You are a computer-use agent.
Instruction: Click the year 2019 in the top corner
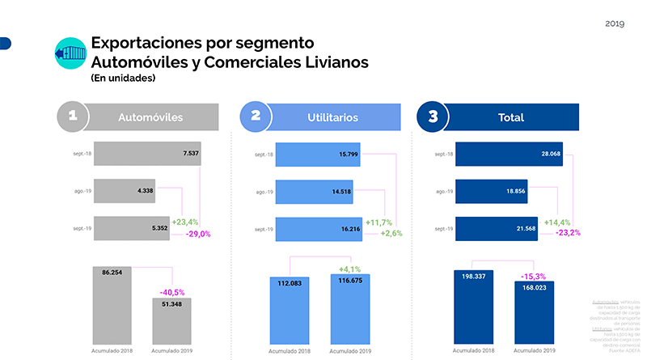pyautogui.click(x=615, y=23)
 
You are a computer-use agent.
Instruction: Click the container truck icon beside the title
pyautogui.click(x=67, y=53)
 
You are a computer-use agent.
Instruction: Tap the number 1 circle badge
pyautogui.click(x=72, y=116)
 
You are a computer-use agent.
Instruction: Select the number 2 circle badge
pyautogui.click(x=256, y=116)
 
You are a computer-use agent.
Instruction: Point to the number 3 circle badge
pyautogui.click(x=433, y=116)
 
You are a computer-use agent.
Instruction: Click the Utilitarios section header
pyautogui.click(x=332, y=117)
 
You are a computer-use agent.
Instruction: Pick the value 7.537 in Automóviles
pyautogui.click(x=191, y=153)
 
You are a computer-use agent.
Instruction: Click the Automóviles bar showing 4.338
pyautogui.click(x=125, y=191)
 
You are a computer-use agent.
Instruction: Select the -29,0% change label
pyautogui.click(x=198, y=234)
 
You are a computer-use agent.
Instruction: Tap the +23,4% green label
pyautogui.click(x=185, y=221)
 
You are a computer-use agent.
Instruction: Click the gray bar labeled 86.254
pyautogui.click(x=112, y=307)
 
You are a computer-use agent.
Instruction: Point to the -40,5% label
pyautogui.click(x=172, y=292)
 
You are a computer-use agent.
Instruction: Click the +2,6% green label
pyautogui.click(x=391, y=233)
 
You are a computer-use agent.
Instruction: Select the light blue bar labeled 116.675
pyautogui.click(x=349, y=311)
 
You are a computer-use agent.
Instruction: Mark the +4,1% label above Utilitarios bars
pyautogui.click(x=349, y=269)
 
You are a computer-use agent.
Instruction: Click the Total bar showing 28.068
pyautogui.click(x=509, y=153)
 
